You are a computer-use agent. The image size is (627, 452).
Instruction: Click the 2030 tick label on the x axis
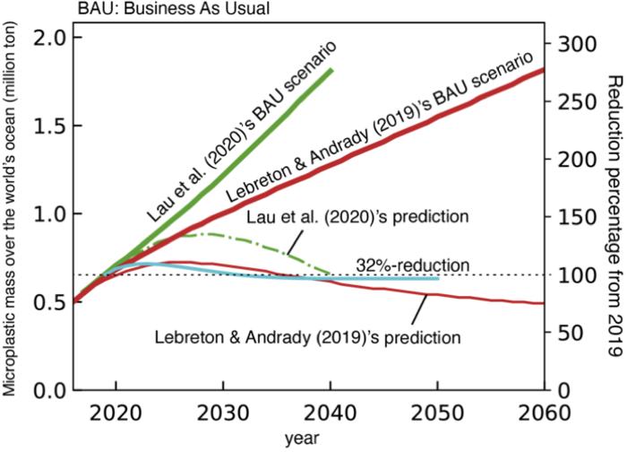tap(221, 414)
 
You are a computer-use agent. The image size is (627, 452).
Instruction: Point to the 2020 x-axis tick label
tap(114, 414)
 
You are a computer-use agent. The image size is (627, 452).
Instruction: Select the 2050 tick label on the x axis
tap(437, 414)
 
